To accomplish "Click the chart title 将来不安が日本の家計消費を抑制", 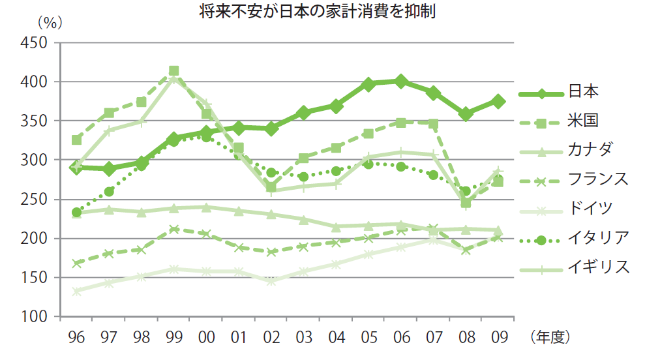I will [x=322, y=12].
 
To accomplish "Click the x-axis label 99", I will [x=173, y=338].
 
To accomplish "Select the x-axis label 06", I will [x=401, y=338].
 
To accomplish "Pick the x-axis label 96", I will [x=76, y=338].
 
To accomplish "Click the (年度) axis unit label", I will [x=551, y=338].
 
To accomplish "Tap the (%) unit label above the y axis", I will [x=49, y=22].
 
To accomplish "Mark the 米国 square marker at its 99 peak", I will [x=174, y=71].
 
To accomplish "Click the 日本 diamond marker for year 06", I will [x=401, y=82].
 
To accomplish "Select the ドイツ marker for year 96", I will [x=76, y=292].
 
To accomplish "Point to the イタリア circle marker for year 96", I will [x=76, y=213].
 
